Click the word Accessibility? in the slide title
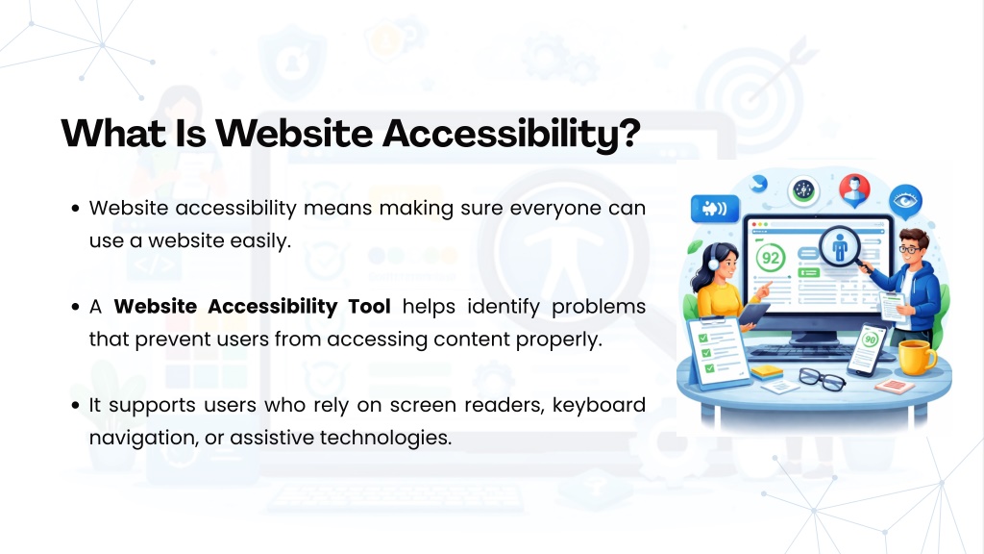pos(511,134)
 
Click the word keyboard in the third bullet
pos(599,405)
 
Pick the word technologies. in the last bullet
pos(386,438)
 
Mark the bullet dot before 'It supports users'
pos(75,405)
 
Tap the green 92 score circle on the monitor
pos(771,258)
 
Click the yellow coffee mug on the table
pos(916,357)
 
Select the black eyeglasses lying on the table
pos(823,379)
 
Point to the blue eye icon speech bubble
pos(905,202)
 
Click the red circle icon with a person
pos(854,190)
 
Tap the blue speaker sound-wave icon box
pos(715,209)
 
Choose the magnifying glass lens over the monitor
pos(839,246)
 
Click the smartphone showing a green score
pos(867,349)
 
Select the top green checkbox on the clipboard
pos(702,338)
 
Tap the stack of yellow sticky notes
pos(767,372)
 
